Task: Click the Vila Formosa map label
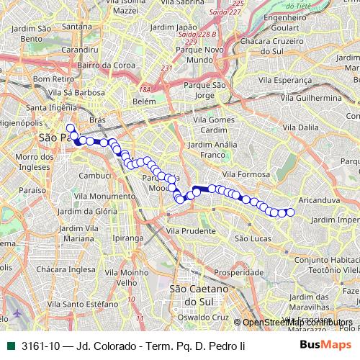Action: coord(246,174)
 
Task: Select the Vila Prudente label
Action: coord(191,230)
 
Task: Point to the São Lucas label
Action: coord(253,238)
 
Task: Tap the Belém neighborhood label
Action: coord(144,102)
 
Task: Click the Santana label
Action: coord(75,27)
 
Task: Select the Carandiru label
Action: coord(80,50)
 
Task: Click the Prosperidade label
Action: coord(239,273)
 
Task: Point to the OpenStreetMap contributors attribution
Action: coord(296,323)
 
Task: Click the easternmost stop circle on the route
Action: coord(291,212)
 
